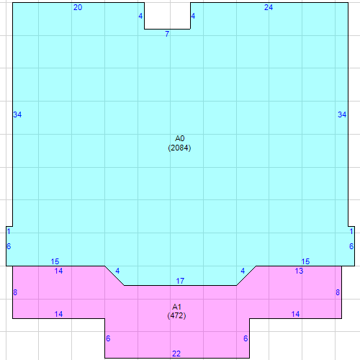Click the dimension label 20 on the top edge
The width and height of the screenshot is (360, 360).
pos(78,7)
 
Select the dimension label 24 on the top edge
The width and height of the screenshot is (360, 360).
pos(269,7)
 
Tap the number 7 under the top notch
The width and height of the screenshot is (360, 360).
pos(167,34)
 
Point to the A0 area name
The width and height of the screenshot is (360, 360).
pos(180,138)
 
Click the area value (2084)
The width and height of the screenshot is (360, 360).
pos(180,148)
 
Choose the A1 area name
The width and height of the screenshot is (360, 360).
pos(177,306)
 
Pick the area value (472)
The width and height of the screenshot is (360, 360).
pos(177,315)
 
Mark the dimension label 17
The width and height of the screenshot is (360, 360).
pos(180,281)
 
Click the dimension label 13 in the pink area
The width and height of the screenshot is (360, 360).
pos(299,271)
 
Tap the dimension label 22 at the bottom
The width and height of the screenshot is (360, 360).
pos(176,353)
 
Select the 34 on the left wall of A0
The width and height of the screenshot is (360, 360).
pos(18,114)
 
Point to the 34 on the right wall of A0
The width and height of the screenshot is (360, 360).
pos(342,114)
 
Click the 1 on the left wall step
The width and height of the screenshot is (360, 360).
pos(9,231)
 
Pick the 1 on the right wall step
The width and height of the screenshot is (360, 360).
pos(351,231)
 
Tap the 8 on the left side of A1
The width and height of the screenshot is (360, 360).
pos(15,292)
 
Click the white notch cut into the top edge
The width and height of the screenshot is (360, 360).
pos(167,15)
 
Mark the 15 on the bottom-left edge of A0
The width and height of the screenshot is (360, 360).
pos(55,261)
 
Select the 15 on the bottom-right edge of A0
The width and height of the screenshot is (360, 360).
pos(305,261)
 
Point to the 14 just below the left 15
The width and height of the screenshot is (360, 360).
pos(59,271)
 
